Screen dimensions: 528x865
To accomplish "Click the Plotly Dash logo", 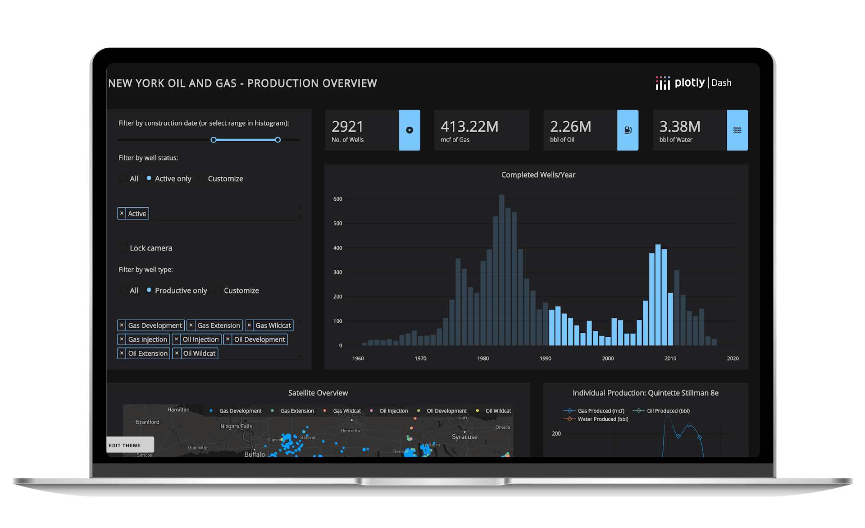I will click(x=693, y=83).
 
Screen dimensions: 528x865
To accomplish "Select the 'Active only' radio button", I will click(x=149, y=179).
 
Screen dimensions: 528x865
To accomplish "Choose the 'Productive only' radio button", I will click(x=149, y=290).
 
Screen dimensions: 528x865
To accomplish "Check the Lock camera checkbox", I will click(x=123, y=248).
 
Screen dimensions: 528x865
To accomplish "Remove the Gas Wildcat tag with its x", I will click(x=250, y=325).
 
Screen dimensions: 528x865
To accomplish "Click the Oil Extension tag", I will click(x=148, y=354).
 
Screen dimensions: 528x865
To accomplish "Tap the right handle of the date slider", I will click(x=278, y=140).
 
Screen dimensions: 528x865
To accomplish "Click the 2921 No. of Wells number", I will click(x=347, y=127).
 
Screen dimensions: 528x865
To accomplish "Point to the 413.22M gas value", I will click(x=469, y=127).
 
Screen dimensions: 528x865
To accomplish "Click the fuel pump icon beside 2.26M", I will click(x=628, y=130).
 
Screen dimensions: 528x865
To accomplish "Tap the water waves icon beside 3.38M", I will click(x=737, y=130).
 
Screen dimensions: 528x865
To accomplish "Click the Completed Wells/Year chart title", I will click(x=538, y=175).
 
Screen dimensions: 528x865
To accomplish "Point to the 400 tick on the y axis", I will click(x=337, y=248).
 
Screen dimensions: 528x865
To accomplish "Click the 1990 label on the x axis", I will click(x=545, y=358).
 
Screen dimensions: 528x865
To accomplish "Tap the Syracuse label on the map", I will click(x=464, y=437).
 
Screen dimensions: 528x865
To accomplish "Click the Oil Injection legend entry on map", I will click(x=393, y=411).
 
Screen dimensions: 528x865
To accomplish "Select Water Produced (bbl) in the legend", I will click(x=602, y=419).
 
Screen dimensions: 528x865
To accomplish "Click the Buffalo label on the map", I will click(x=255, y=454).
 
